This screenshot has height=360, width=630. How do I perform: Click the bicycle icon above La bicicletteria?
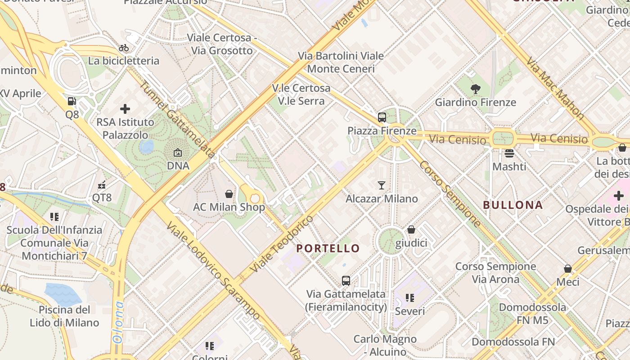pyautogui.click(x=124, y=48)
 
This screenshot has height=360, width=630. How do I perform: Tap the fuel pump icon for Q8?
pyautogui.click(x=72, y=102)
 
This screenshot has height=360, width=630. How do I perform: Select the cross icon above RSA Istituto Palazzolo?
pyautogui.click(x=125, y=109)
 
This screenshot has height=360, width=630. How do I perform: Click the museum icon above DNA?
pyautogui.click(x=178, y=153)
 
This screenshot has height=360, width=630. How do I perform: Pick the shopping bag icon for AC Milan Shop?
pyautogui.click(x=229, y=194)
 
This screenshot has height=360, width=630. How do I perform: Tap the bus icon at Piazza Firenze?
pyautogui.click(x=382, y=117)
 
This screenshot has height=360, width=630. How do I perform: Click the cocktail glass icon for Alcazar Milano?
pyautogui.click(x=382, y=185)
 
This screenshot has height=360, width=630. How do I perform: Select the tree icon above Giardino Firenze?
pyautogui.click(x=475, y=89)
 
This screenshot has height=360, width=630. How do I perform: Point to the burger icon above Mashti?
pyautogui.click(x=509, y=153)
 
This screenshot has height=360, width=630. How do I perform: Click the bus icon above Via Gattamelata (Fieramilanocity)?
pyautogui.click(x=346, y=281)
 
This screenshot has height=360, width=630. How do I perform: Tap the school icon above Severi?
pyautogui.click(x=409, y=298)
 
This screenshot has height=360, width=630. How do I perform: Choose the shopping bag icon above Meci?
pyautogui.click(x=568, y=269)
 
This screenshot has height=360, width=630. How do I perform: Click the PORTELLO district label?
pyautogui.click(x=328, y=248)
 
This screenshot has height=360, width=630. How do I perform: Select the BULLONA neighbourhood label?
pyautogui.click(x=513, y=205)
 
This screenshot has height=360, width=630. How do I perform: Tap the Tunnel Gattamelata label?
pyautogui.click(x=177, y=119)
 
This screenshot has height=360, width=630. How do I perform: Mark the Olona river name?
pyautogui.click(x=118, y=322)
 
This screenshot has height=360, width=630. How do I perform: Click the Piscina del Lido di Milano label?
pyautogui.click(x=64, y=316)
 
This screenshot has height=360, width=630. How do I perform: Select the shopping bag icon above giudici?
pyautogui.click(x=411, y=230)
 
